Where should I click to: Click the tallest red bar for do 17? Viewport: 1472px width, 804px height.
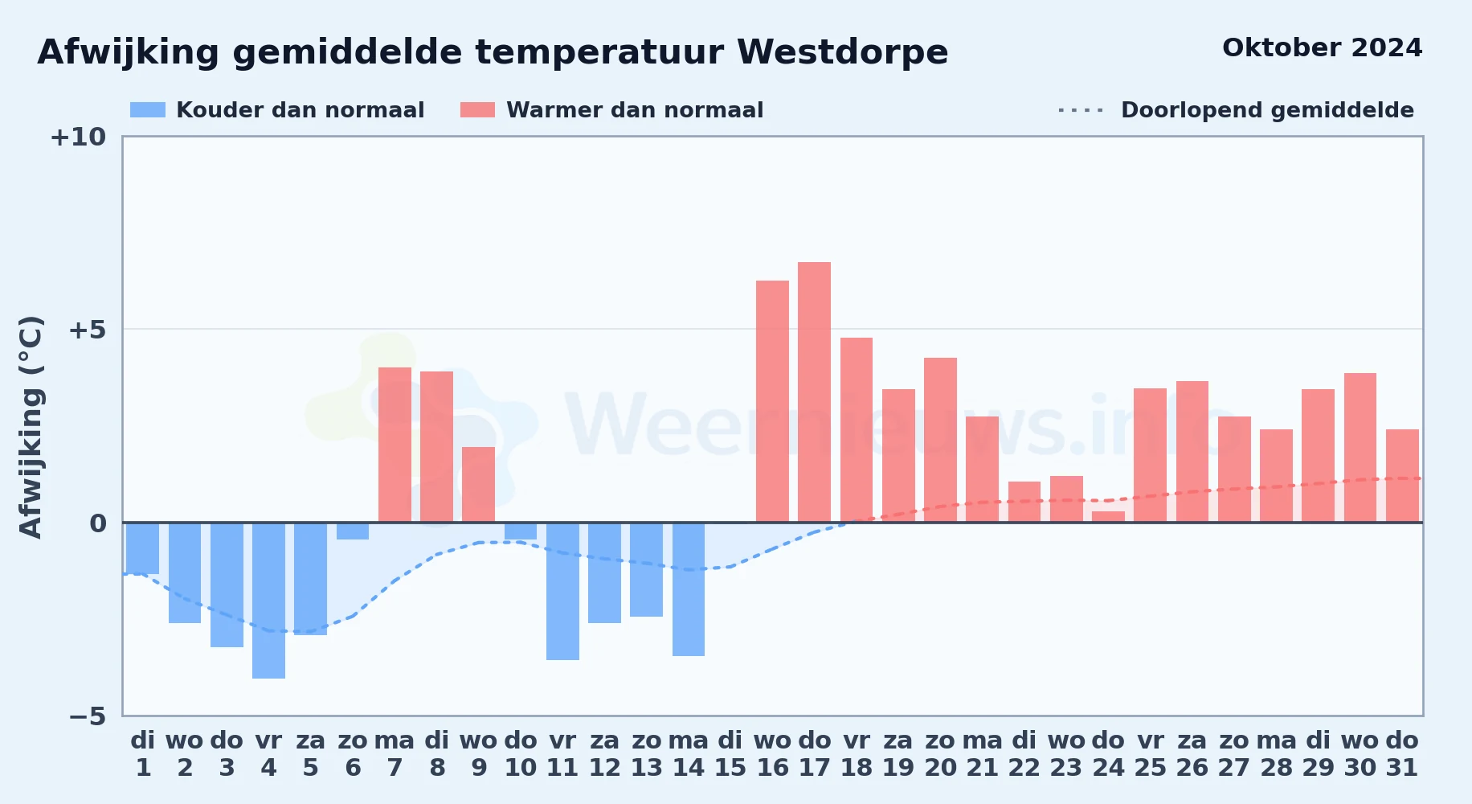(814, 392)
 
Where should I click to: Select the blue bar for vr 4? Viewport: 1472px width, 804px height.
(268, 601)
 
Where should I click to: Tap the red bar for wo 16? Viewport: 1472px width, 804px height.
(772, 401)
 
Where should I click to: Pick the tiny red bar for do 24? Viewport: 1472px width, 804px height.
(1108, 517)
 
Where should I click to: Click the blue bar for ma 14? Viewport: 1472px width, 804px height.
(689, 589)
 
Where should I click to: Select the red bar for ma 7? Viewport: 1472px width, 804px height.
(395, 445)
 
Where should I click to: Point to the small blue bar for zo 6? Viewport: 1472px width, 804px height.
(353, 531)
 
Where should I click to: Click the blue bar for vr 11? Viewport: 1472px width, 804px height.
(562, 591)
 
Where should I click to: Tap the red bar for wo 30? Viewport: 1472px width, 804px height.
(1360, 448)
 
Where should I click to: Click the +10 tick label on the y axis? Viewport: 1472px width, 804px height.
(78, 137)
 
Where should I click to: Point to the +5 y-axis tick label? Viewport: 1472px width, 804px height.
(87, 330)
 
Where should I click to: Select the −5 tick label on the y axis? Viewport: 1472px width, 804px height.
(87, 716)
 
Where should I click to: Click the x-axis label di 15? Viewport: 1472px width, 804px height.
(730, 753)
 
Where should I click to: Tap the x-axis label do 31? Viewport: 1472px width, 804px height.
(1402, 753)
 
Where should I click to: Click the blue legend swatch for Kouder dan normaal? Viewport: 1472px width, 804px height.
(148, 110)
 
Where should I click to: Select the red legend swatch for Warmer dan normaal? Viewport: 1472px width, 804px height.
(477, 110)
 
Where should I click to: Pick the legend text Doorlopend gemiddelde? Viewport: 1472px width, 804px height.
(1267, 110)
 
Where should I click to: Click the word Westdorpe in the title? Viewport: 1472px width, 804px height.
(842, 53)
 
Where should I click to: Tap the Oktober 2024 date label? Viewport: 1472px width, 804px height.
(1322, 48)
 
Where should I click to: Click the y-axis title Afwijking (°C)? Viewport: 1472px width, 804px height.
(31, 427)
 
